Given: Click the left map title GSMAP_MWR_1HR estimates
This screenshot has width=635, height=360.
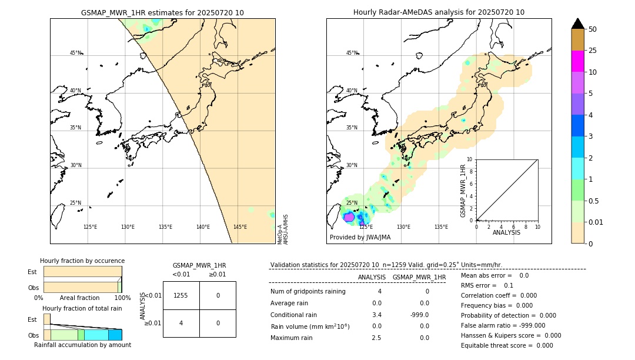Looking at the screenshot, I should [162, 12].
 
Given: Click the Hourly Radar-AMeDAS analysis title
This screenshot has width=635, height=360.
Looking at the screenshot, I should [439, 12].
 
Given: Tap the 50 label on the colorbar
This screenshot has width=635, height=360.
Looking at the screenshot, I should [593, 29].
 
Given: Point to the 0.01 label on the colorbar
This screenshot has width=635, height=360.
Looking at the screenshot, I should [596, 222].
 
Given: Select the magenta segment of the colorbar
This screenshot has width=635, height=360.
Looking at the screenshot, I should [578, 61].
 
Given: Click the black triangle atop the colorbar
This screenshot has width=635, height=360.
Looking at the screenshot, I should [578, 24].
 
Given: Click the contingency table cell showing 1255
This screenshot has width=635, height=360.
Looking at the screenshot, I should [181, 295].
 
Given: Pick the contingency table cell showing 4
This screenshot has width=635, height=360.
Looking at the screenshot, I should [181, 323].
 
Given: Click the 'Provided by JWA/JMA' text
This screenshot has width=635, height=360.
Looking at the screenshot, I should [360, 238].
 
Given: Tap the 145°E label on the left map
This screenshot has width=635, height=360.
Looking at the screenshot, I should [240, 227].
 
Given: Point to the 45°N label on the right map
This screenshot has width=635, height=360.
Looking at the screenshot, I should [352, 53].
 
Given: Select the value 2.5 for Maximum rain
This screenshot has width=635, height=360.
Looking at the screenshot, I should [376, 338].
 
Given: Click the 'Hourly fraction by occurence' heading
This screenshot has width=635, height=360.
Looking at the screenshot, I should [82, 261].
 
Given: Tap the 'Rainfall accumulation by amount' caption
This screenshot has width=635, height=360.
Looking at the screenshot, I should [82, 345].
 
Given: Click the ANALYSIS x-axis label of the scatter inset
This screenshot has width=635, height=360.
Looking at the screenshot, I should [507, 232].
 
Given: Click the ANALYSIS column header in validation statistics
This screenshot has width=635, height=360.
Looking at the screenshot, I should [372, 277].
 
